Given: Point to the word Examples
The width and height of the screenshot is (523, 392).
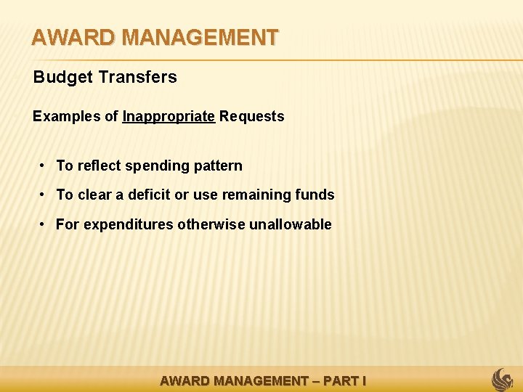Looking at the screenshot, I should click(x=63, y=117).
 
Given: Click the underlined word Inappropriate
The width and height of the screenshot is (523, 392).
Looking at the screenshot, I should click(x=169, y=117).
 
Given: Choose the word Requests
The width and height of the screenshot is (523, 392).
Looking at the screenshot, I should click(x=252, y=117).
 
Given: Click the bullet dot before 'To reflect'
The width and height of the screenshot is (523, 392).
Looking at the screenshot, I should click(x=44, y=166).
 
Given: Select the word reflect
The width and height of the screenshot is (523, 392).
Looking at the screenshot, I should click(x=100, y=166).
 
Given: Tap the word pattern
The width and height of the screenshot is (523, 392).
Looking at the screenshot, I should click(x=218, y=166).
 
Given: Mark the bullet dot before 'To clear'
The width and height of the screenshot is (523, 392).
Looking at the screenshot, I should click(x=44, y=195).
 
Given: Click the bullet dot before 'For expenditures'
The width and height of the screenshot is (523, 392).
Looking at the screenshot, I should click(x=44, y=224).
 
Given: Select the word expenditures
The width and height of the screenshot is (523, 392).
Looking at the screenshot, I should click(x=129, y=225).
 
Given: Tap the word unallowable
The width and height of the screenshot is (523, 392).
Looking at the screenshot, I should click(x=290, y=224).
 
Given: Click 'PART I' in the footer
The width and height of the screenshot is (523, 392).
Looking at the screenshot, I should click(x=344, y=380).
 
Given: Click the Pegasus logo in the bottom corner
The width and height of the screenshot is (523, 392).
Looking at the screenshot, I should click(x=503, y=379).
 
